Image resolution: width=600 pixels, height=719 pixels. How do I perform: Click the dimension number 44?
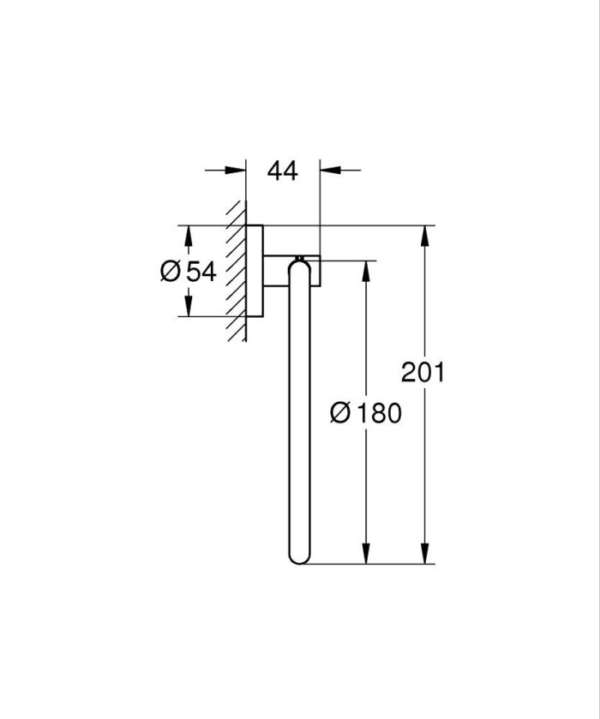coord(282,171)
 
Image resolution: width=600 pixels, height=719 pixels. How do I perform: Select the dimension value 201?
coord(423,372)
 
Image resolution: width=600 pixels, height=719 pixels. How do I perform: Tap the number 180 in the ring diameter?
coord(378,414)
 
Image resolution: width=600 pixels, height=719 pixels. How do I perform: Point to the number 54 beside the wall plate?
coord(200,272)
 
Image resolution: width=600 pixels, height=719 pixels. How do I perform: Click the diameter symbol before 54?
coord(170,272)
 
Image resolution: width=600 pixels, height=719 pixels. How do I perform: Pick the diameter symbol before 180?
coord(339,414)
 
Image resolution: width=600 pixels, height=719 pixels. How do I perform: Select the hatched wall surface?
coord(236,271)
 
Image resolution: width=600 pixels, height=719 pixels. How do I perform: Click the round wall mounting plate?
coord(255,271)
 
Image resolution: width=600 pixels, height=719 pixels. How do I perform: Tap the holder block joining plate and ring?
coord(291,271)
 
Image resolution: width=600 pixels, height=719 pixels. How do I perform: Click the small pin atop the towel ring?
coord(299,257)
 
